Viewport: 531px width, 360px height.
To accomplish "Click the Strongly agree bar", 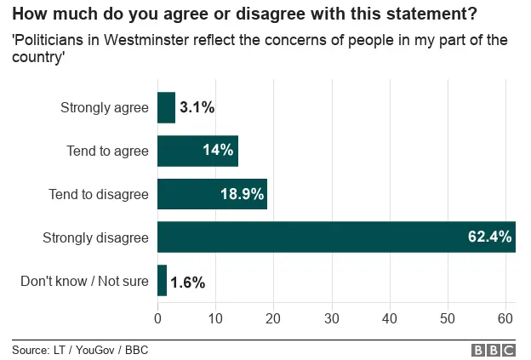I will click(x=166, y=108).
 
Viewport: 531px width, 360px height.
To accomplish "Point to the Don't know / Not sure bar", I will click(x=162, y=281).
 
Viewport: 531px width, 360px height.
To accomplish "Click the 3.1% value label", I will click(x=197, y=108).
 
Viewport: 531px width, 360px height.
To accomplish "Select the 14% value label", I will click(x=218, y=151).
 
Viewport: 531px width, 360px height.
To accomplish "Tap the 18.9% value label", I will click(x=241, y=194).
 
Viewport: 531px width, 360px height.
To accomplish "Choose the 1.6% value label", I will click(x=187, y=282).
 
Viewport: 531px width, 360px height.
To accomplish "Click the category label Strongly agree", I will click(x=105, y=108).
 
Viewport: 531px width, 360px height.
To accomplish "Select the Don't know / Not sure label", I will click(x=84, y=281).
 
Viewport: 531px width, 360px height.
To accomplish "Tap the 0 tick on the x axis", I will click(x=157, y=318).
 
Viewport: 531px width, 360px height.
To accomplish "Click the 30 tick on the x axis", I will click(x=332, y=318).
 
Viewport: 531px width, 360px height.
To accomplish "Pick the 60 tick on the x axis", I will click(x=505, y=318).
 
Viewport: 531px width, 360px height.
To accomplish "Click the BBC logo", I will click(x=493, y=350).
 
